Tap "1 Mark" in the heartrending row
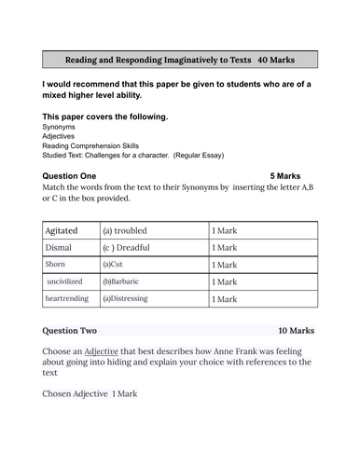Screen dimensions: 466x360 225,299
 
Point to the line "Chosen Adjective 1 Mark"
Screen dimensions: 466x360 90,394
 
